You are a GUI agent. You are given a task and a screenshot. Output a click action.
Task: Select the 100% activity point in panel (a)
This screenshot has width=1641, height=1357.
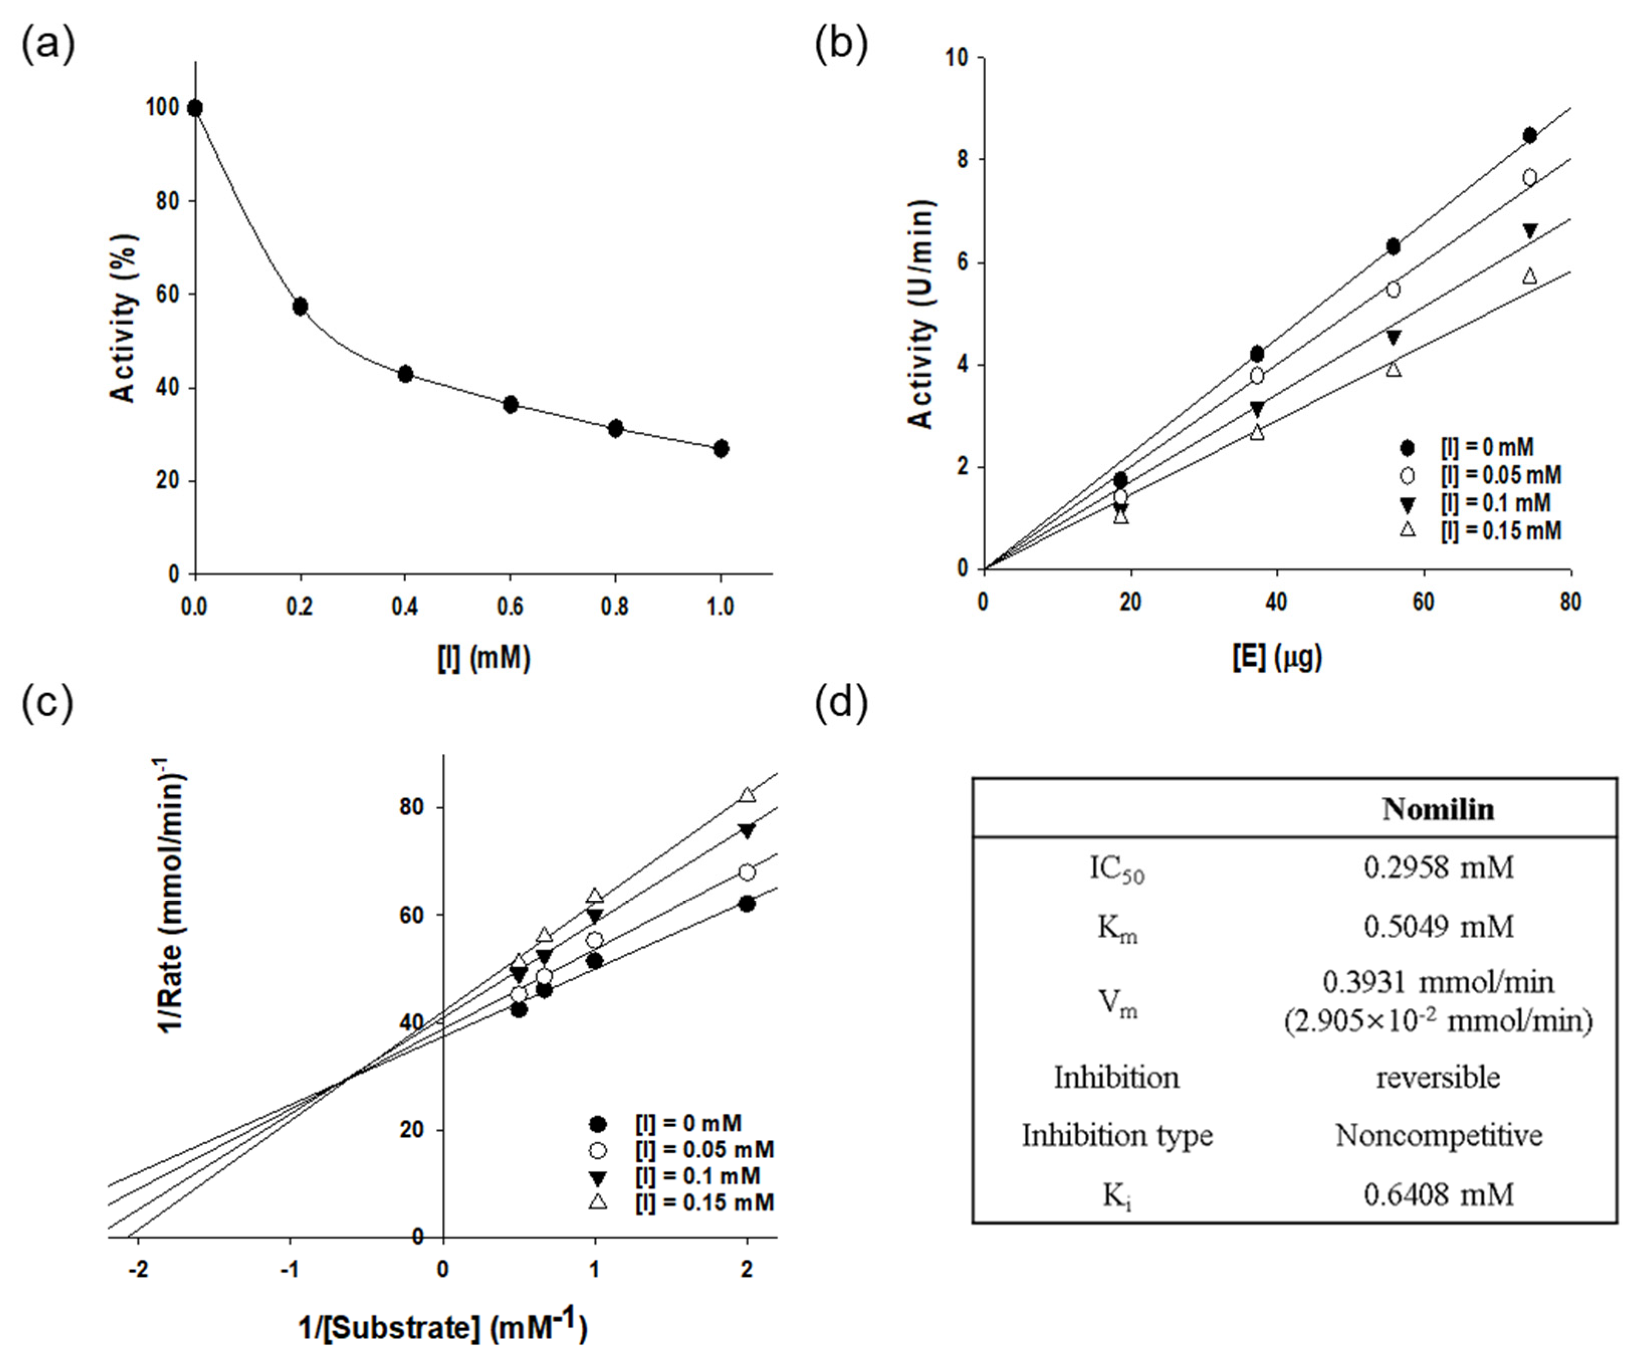pyautogui.click(x=195, y=108)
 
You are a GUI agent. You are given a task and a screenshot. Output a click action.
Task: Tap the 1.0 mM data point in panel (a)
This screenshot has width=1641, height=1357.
pyautogui.click(x=721, y=448)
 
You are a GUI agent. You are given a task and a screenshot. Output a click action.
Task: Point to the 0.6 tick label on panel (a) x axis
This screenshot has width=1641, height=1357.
pyautogui.click(x=510, y=606)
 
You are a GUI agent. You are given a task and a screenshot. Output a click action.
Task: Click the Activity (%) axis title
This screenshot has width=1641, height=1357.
pyautogui.click(x=124, y=319)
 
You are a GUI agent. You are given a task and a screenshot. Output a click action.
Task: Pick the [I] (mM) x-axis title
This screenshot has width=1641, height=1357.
pyautogui.click(x=484, y=658)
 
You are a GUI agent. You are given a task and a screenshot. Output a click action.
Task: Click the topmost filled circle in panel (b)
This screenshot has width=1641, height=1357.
pyautogui.click(x=1529, y=136)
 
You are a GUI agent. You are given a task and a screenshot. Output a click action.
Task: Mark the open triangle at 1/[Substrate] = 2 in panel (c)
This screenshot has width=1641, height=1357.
pyautogui.click(x=747, y=795)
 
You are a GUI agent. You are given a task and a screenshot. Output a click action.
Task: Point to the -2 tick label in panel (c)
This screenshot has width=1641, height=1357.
pyautogui.click(x=138, y=1270)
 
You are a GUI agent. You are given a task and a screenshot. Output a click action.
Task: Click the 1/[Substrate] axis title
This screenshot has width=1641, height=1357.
pyautogui.click(x=442, y=1326)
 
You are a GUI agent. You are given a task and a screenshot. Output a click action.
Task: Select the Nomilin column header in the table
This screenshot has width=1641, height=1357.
pyautogui.click(x=1438, y=809)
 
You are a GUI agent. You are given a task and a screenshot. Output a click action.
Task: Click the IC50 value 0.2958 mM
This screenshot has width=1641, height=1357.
pyautogui.click(x=1438, y=867)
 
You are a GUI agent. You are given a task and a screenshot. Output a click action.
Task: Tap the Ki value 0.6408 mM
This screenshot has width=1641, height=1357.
pyautogui.click(x=1438, y=1194)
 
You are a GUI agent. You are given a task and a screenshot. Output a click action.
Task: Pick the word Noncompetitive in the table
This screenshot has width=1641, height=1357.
pyautogui.click(x=1438, y=1135)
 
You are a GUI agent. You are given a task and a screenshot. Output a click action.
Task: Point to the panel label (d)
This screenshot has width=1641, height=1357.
pyautogui.click(x=841, y=705)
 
